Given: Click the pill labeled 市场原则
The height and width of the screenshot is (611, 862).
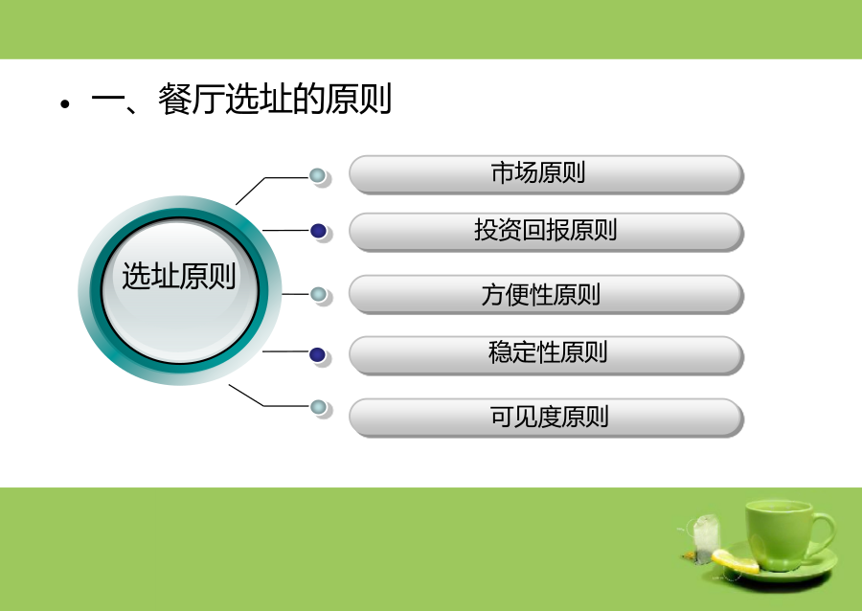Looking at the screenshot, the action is [546, 174].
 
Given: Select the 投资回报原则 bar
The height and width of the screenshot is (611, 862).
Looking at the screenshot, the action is [546, 232].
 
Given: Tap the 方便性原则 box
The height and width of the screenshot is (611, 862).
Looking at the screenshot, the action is [546, 295].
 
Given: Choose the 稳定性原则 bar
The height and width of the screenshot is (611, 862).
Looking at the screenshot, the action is [546, 355].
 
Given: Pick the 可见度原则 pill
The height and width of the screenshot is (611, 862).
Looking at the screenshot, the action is [546, 418].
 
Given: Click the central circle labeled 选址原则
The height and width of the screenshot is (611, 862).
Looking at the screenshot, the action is [180, 290].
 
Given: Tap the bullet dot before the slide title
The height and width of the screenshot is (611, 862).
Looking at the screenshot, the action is [65, 103].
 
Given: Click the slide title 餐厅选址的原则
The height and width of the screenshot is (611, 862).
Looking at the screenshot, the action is [275, 100].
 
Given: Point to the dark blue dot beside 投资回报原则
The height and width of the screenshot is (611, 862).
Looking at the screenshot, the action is [318, 231].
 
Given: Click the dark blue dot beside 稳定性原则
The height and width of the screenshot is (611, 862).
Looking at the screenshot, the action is [318, 355].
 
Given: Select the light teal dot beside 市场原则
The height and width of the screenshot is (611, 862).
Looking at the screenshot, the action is [318, 176].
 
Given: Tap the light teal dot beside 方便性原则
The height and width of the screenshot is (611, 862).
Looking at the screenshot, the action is [318, 294].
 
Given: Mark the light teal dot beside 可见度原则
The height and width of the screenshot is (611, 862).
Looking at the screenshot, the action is [318, 407].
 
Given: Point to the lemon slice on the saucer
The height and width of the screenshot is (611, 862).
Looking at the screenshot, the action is [735, 560].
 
